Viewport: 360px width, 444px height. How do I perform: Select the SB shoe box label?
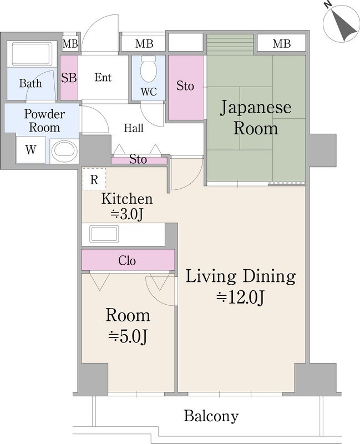[69, 78]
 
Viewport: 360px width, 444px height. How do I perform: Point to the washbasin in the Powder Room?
[64, 150]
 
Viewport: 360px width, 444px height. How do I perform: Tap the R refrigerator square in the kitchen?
[94, 180]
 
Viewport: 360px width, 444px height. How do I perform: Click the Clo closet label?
[128, 260]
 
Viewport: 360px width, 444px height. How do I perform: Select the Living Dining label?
[240, 276]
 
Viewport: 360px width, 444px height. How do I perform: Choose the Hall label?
[133, 129]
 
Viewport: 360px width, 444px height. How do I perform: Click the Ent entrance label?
[103, 78]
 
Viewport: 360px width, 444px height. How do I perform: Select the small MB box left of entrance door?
[70, 43]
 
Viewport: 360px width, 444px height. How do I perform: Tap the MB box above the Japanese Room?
[281, 43]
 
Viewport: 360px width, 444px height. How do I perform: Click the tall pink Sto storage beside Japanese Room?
[185, 86]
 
